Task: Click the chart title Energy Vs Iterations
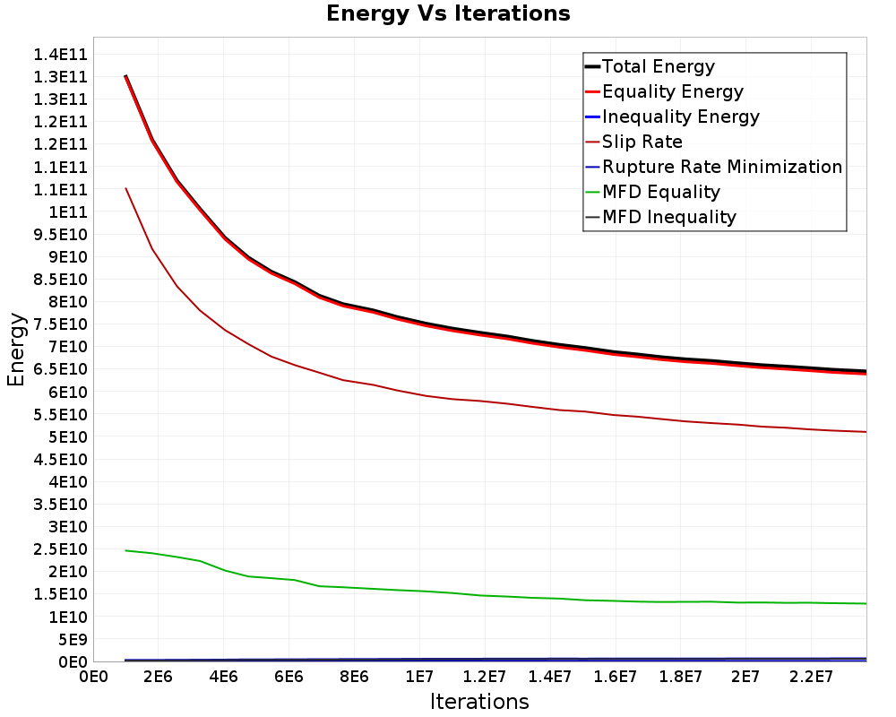pos(448,13)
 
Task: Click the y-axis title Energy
pos(16,350)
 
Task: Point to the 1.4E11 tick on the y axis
pos(60,55)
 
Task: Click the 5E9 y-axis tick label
pos(73,640)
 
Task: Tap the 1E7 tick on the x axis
pos(418,677)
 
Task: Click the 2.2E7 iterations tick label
pos(811,677)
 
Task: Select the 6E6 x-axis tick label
pos(289,677)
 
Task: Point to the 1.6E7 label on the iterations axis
pos(615,677)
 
